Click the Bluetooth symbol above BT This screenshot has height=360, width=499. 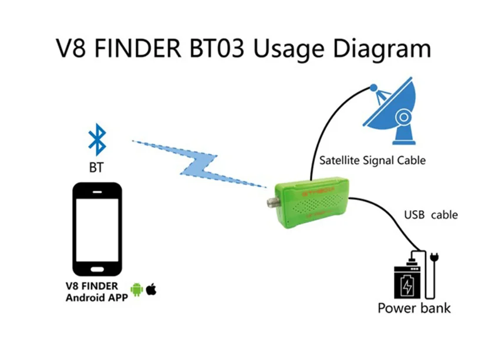[x=96, y=140]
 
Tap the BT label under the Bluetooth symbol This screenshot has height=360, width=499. [x=96, y=167]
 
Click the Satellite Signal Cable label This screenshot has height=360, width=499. [x=372, y=160]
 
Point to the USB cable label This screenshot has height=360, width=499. [x=431, y=215]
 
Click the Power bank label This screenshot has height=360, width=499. [x=414, y=307]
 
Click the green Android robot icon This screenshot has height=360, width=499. [x=137, y=289]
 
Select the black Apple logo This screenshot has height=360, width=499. [x=151, y=289]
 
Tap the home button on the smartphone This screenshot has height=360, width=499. [x=97, y=270]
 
